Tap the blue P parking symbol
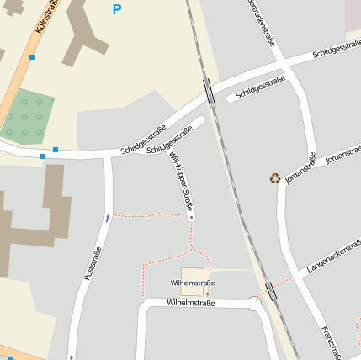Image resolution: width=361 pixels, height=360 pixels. [x=116, y=10]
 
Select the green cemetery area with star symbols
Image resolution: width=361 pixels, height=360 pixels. [x=28, y=115]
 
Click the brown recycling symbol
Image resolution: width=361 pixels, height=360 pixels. [x=275, y=177]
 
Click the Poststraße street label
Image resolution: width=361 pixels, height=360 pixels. [x=93, y=263]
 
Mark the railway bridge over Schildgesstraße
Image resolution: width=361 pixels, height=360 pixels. [x=210, y=91]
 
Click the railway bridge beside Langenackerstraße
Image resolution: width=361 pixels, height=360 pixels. [x=271, y=292]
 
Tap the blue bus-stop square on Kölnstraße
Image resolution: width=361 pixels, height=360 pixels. [x=32, y=57]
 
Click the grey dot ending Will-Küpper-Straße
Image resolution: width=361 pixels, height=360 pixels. [x=192, y=217]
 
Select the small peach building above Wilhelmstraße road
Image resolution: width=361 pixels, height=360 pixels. [x=192, y=275]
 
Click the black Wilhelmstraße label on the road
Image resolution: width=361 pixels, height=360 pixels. [x=191, y=303]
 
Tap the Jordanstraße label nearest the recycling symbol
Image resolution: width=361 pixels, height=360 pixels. [x=300, y=167]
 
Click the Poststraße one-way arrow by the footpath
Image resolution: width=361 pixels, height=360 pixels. [x=107, y=218]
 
